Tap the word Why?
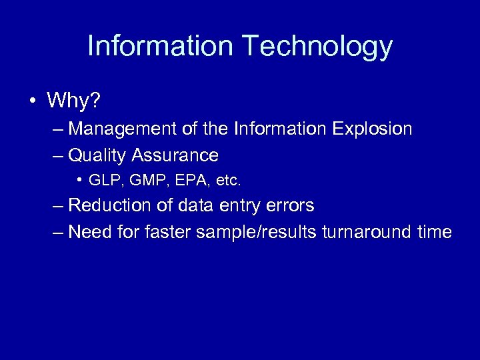point(73,101)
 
